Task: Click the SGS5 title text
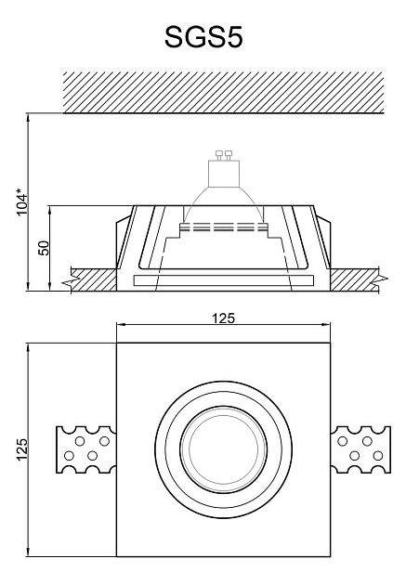203,37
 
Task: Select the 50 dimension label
44,248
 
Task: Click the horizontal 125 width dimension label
224,318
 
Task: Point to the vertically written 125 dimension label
22,449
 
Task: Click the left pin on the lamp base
219,155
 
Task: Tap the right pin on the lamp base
229,155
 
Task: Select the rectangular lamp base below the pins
224,174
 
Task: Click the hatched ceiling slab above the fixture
224,92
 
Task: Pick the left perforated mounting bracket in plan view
85,449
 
